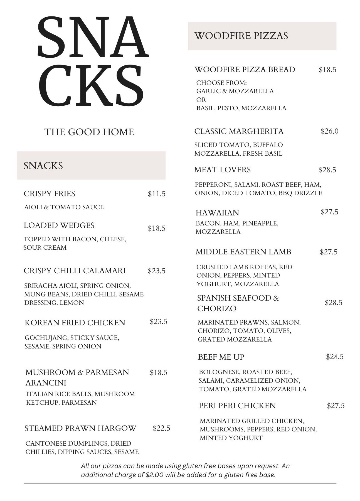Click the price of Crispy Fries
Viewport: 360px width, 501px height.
pyautogui.click(x=157, y=194)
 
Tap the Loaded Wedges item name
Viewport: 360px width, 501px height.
pyautogui.click(x=59, y=225)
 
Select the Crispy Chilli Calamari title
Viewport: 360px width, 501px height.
pyautogui.click(x=75, y=271)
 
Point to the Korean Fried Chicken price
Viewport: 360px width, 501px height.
pyautogui.click(x=159, y=322)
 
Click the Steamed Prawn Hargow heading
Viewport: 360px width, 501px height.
pyautogui.click(x=80, y=428)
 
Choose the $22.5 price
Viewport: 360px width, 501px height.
pyautogui.click(x=161, y=428)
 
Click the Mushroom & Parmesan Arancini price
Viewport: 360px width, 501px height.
pyautogui.click(x=159, y=373)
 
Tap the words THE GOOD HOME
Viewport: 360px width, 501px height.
pyautogui.click(x=89, y=132)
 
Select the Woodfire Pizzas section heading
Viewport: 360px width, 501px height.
pyautogui.click(x=241, y=36)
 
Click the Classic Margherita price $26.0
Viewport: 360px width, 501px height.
pyautogui.click(x=329, y=131)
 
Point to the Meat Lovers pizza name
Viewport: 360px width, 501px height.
pyautogui.click(x=223, y=170)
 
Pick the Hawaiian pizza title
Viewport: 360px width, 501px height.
pyautogui.click(x=217, y=213)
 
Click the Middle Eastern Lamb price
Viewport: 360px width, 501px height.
pyautogui.click(x=329, y=252)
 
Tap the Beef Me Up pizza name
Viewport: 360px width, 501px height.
pyautogui.click(x=221, y=357)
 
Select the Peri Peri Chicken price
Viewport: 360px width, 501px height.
pyautogui.click(x=336, y=406)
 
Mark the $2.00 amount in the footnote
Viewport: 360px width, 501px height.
pyautogui.click(x=154, y=475)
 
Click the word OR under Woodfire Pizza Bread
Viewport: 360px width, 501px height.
pyautogui.click(x=201, y=100)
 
